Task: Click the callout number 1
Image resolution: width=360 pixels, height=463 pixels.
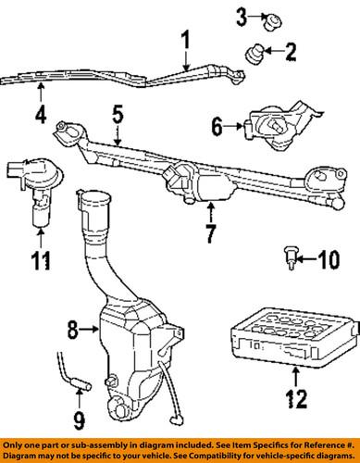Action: click(x=185, y=40)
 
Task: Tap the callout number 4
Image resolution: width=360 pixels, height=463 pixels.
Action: click(x=41, y=115)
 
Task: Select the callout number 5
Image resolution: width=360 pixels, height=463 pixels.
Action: click(x=118, y=115)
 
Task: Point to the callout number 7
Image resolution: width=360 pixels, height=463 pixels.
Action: click(x=211, y=233)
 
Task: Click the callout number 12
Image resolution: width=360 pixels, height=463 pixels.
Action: click(x=296, y=398)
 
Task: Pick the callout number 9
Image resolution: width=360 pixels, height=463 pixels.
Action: click(x=79, y=421)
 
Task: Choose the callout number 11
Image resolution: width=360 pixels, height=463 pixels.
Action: click(x=41, y=261)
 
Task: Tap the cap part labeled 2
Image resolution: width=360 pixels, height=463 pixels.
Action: click(x=254, y=55)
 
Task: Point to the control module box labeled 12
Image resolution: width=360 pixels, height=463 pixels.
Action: click(x=294, y=338)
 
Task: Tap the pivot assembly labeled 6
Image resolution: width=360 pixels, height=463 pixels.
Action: click(x=279, y=126)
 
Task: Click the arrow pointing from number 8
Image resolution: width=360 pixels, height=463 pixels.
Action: click(x=89, y=330)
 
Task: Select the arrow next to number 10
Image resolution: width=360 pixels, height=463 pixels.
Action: click(x=307, y=259)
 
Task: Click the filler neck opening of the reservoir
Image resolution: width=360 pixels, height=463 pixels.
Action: click(x=95, y=196)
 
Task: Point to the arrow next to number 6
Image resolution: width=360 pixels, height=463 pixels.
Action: click(x=233, y=126)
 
